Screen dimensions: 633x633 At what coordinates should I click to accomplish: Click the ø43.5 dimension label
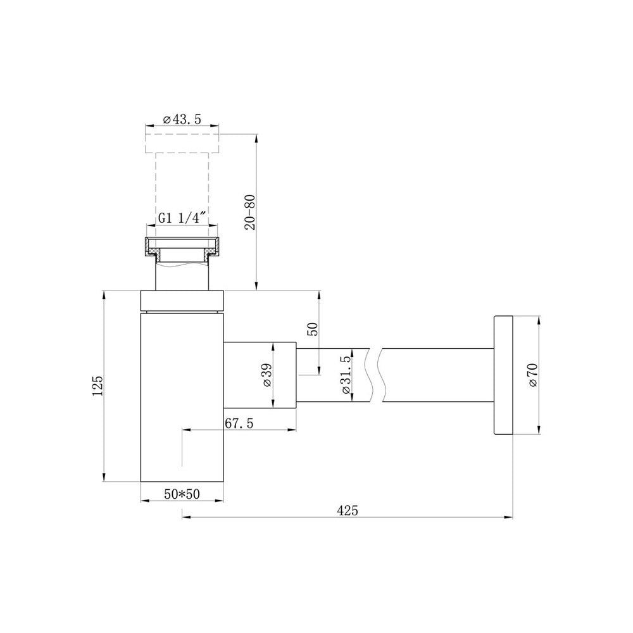[182, 120]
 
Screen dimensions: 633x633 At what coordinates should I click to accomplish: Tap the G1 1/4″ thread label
[182, 218]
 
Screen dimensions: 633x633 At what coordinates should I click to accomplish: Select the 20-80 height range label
[250, 212]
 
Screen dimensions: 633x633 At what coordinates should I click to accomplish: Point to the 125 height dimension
[98, 385]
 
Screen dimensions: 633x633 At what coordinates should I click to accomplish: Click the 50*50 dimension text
[182, 494]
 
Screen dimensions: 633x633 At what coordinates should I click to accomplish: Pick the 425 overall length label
[348, 511]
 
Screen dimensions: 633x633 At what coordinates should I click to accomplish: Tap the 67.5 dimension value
[239, 423]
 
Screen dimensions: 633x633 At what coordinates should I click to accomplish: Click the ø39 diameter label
[267, 375]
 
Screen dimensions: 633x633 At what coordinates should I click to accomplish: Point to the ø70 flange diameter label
[533, 375]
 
